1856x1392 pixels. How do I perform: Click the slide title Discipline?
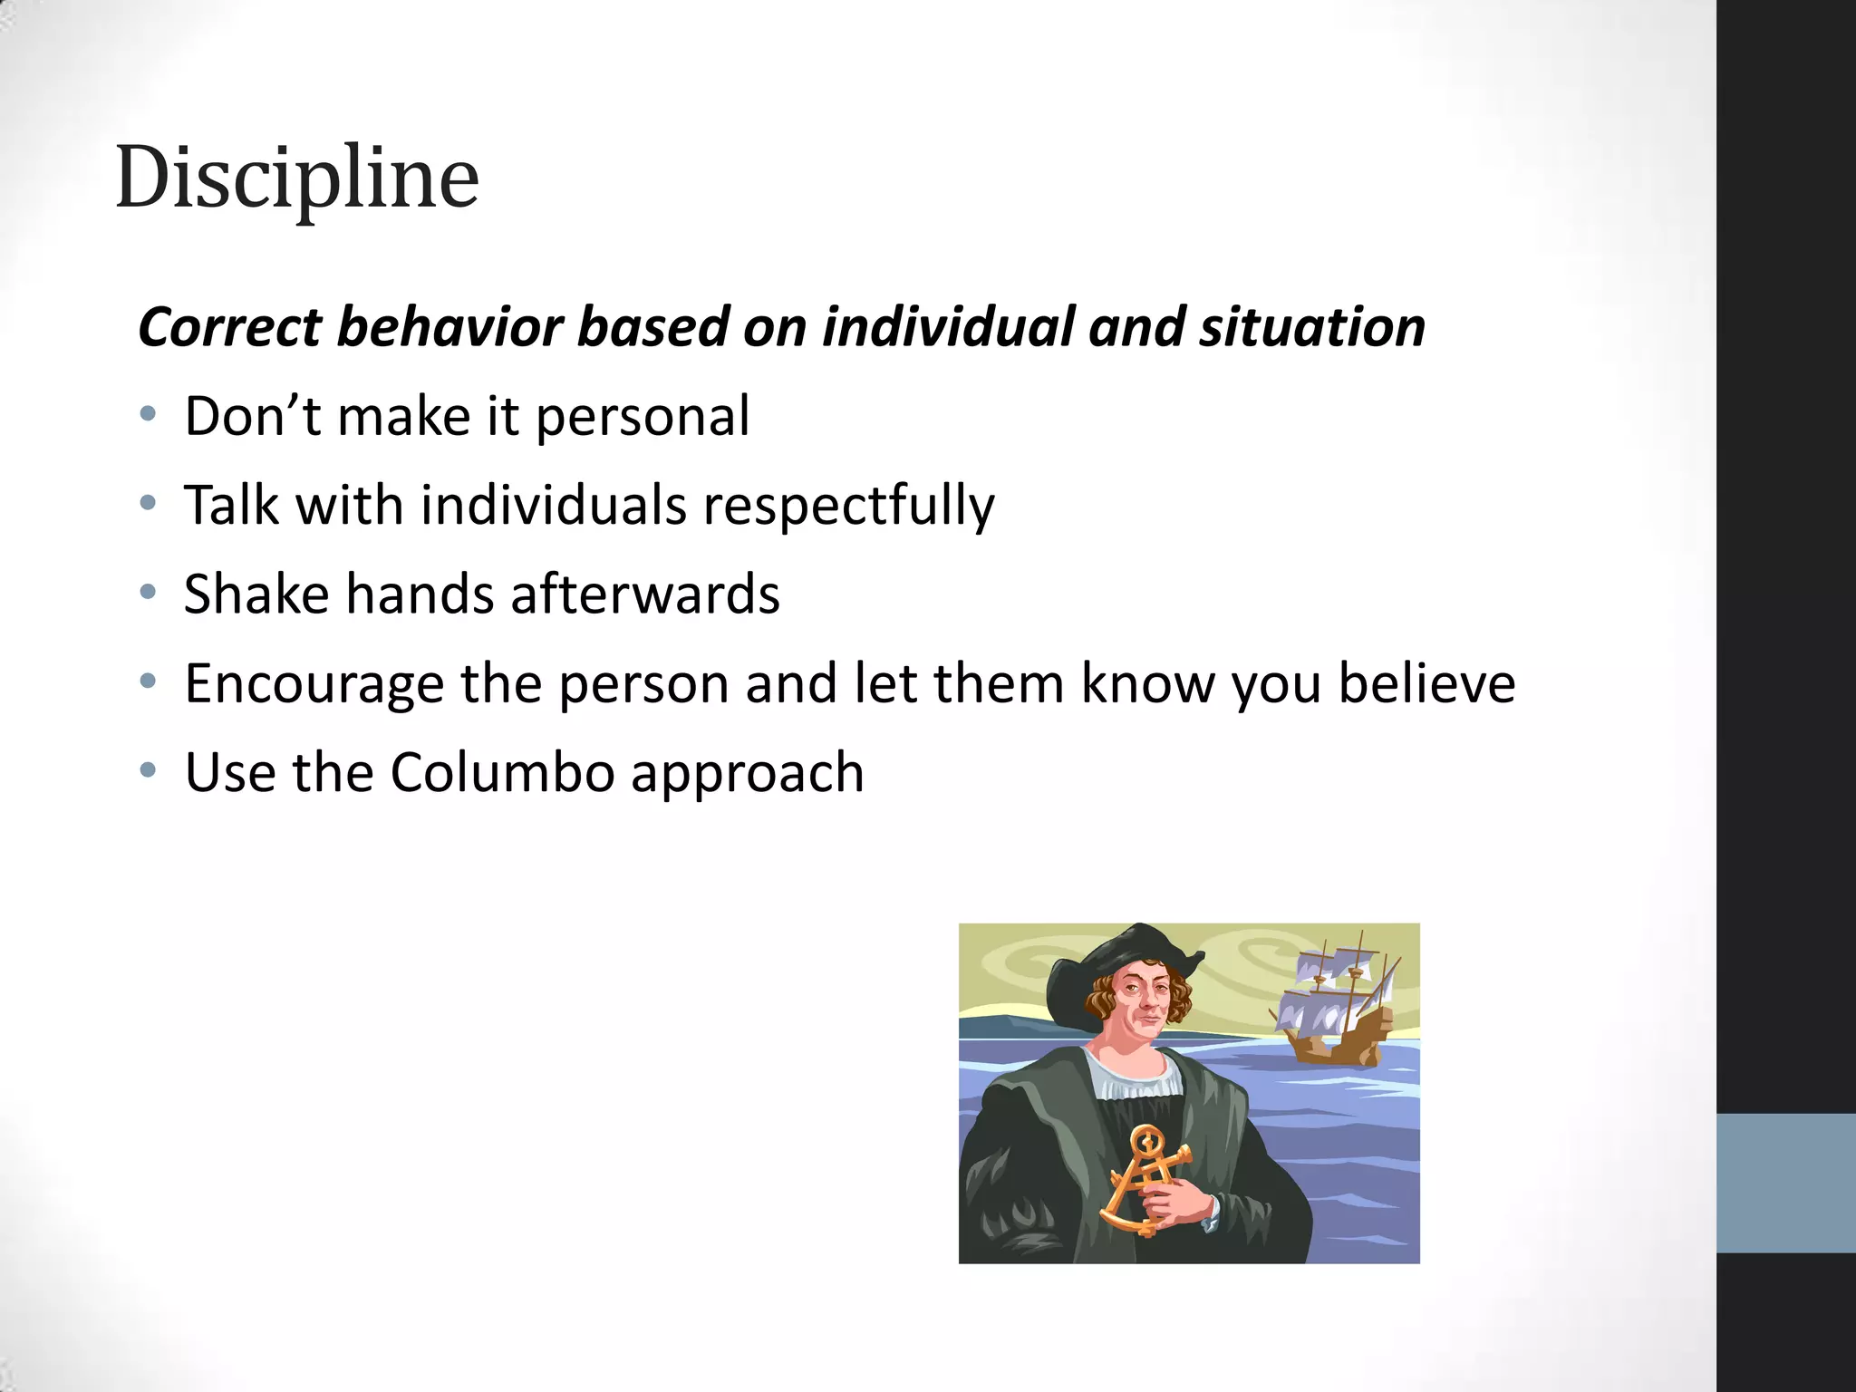click(x=297, y=179)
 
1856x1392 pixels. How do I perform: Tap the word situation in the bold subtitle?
click(x=1312, y=327)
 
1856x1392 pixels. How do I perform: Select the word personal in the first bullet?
click(x=642, y=418)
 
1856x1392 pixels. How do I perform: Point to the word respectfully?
click(x=848, y=507)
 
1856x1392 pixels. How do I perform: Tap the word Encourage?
click(x=314, y=684)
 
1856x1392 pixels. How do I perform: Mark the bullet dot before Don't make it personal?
click(x=148, y=416)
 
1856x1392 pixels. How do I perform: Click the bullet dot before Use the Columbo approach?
click(x=148, y=772)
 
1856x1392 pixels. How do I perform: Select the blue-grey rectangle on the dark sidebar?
click(x=1785, y=1183)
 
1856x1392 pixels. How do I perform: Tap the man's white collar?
click(x=1137, y=1078)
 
